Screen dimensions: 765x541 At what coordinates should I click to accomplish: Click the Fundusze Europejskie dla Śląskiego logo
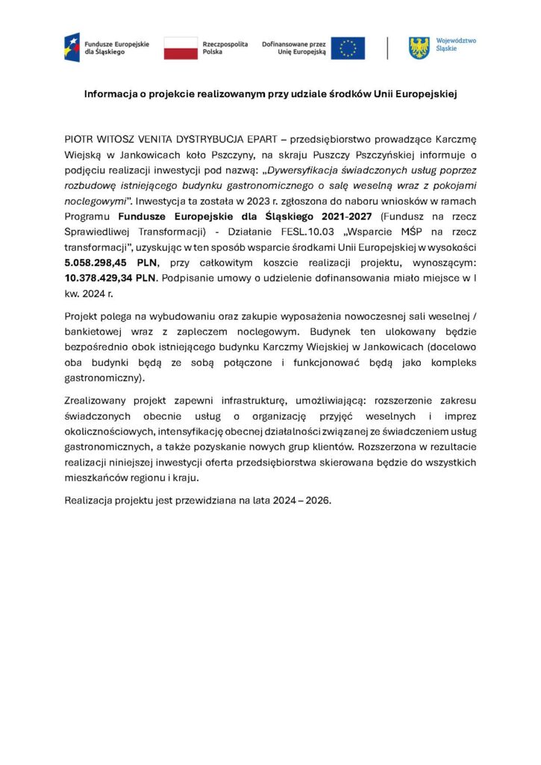(72, 48)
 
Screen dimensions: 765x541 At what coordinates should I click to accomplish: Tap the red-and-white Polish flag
(181, 48)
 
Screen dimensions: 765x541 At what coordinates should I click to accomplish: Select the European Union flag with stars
(348, 49)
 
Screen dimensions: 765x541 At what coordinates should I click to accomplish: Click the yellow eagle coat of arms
(419, 48)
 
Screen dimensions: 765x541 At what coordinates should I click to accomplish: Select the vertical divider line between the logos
(387, 48)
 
